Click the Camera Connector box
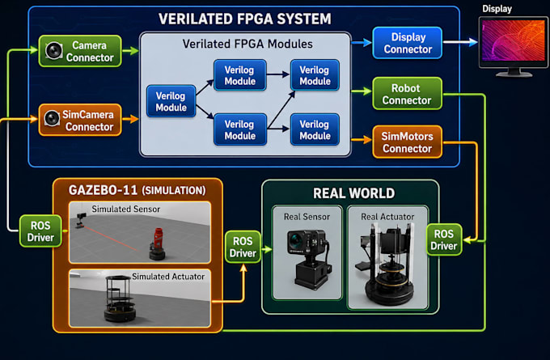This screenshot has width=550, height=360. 80,51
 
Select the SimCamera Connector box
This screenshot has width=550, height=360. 80,120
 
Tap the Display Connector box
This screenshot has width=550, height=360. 407,43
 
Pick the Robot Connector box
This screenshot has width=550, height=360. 407,94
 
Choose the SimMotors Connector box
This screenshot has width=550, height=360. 407,142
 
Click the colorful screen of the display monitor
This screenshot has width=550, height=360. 513,40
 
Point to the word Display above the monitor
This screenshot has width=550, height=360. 497,9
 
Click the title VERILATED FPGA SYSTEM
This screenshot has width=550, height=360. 245,19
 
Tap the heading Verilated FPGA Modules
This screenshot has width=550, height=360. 247,44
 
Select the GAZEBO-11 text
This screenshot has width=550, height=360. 103,190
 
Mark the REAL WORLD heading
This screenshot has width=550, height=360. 354,193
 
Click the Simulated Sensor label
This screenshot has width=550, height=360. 126,209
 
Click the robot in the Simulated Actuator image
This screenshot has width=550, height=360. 119,299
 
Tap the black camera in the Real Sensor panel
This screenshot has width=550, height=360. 308,258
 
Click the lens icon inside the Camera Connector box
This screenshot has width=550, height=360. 54,51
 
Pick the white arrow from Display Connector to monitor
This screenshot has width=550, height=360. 460,42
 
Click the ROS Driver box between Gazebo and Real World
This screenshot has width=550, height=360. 243,247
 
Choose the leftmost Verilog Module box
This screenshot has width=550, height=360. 171,101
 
